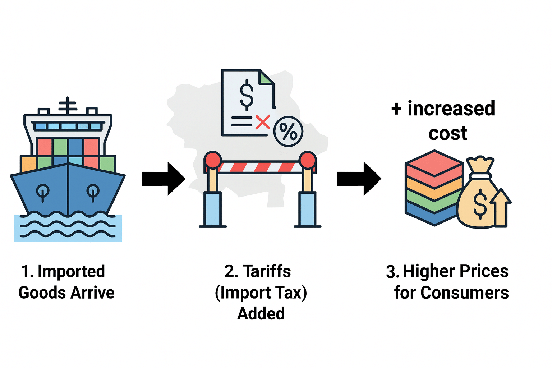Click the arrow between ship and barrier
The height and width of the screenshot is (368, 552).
tap(164, 179)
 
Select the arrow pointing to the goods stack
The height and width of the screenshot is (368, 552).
tap(359, 179)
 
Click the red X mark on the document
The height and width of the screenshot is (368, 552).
tap(263, 122)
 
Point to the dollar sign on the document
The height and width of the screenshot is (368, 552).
tap(247, 94)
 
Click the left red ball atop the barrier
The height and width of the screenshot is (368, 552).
tap(213, 160)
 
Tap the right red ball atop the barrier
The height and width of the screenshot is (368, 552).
tap(308, 160)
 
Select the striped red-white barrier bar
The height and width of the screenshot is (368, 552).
tap(260, 167)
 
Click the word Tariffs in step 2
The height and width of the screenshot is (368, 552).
tap(267, 271)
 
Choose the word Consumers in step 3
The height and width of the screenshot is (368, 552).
tap(464, 293)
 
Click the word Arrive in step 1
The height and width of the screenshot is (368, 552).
tap(92, 293)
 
